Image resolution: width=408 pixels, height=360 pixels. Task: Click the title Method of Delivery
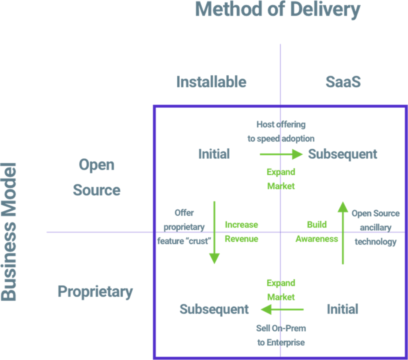pos(278,10)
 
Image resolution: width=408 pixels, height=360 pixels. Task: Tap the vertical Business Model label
pos(9,232)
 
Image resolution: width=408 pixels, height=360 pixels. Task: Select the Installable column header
pos(211,82)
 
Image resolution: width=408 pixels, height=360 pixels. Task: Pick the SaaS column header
pos(343,82)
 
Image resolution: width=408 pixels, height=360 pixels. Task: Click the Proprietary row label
pos(95,291)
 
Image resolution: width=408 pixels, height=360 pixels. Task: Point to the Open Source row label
pos(96,177)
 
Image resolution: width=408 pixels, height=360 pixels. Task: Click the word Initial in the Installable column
pos(214,154)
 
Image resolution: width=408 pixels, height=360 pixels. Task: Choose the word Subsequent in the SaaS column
pos(343,154)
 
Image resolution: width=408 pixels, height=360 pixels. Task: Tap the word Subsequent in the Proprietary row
pos(214,309)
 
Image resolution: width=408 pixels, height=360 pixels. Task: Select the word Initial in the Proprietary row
pos(342,309)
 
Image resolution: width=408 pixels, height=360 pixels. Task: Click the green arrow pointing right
pos(281,154)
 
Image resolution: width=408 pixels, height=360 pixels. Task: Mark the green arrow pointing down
pos(214,232)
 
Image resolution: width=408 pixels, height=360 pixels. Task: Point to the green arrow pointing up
pos(343,233)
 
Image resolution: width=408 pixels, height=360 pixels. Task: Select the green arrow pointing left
pos(282,309)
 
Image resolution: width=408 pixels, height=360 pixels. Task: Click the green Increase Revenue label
pos(241,232)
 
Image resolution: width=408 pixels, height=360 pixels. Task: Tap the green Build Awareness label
pos(317,232)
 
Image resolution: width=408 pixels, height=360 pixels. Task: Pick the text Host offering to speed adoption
pos(281,132)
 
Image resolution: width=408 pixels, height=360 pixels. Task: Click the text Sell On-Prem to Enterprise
pos(281,335)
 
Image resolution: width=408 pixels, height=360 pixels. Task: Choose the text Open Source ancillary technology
pos(375,228)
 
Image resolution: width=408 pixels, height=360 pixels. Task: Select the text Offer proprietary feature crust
pos(184,227)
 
